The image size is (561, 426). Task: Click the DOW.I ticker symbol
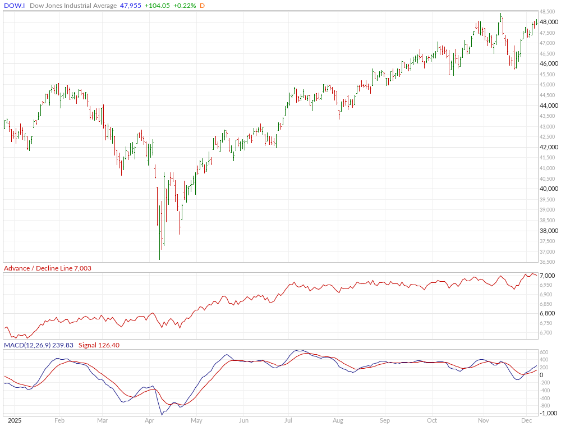tap(13, 6)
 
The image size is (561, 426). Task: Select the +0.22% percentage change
tap(184, 6)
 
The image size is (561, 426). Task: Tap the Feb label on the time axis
tap(59, 420)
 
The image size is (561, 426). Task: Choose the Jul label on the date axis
tap(288, 420)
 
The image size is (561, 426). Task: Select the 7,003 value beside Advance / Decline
tap(81, 268)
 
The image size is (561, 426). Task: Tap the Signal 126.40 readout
tap(99, 345)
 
